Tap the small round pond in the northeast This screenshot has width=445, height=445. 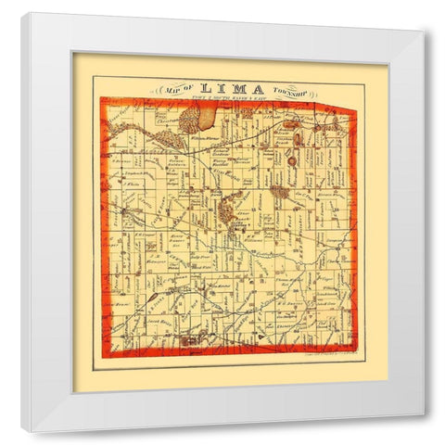(x=290, y=160)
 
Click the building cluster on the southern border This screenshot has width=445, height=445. (x=191, y=342)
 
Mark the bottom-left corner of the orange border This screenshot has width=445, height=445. (x=105, y=356)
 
